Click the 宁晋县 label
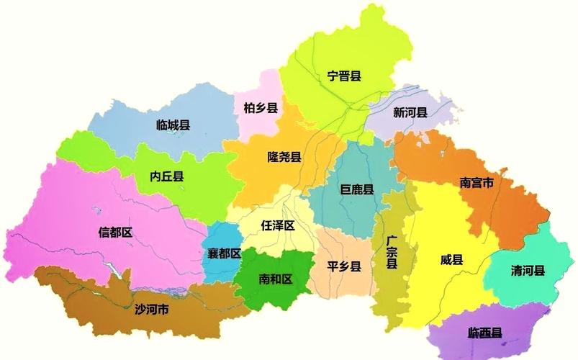pos(344,76)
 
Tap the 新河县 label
pos(410,112)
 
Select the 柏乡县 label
pos(261,108)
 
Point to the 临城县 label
pos(173,125)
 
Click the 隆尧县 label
pos(284,157)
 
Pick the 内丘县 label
pos(167,176)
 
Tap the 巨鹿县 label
pos(357,189)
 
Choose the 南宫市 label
pos(477,183)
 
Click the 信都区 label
pos(116,232)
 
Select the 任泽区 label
pos(278,225)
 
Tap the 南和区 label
pos(276,279)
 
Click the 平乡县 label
pos(344,266)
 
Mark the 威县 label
pos(452,260)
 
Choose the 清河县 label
pos(528,271)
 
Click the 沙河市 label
pos(152,310)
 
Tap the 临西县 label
pos(485,333)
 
